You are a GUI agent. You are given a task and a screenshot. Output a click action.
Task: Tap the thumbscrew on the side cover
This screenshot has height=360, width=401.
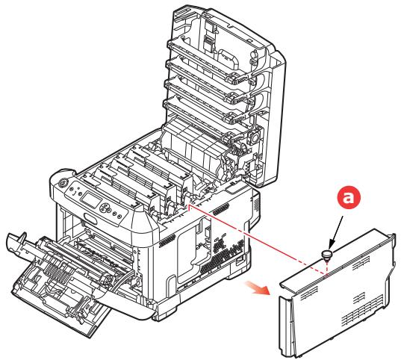tap(326, 255)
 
